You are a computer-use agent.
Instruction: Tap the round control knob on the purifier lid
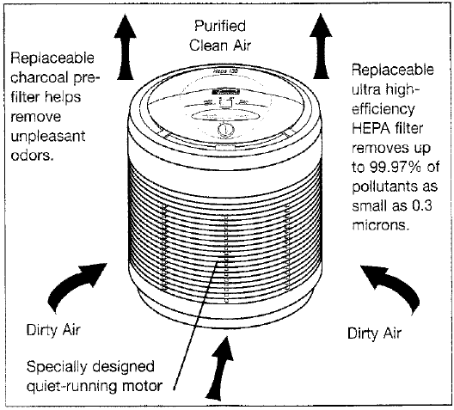(225, 129)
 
